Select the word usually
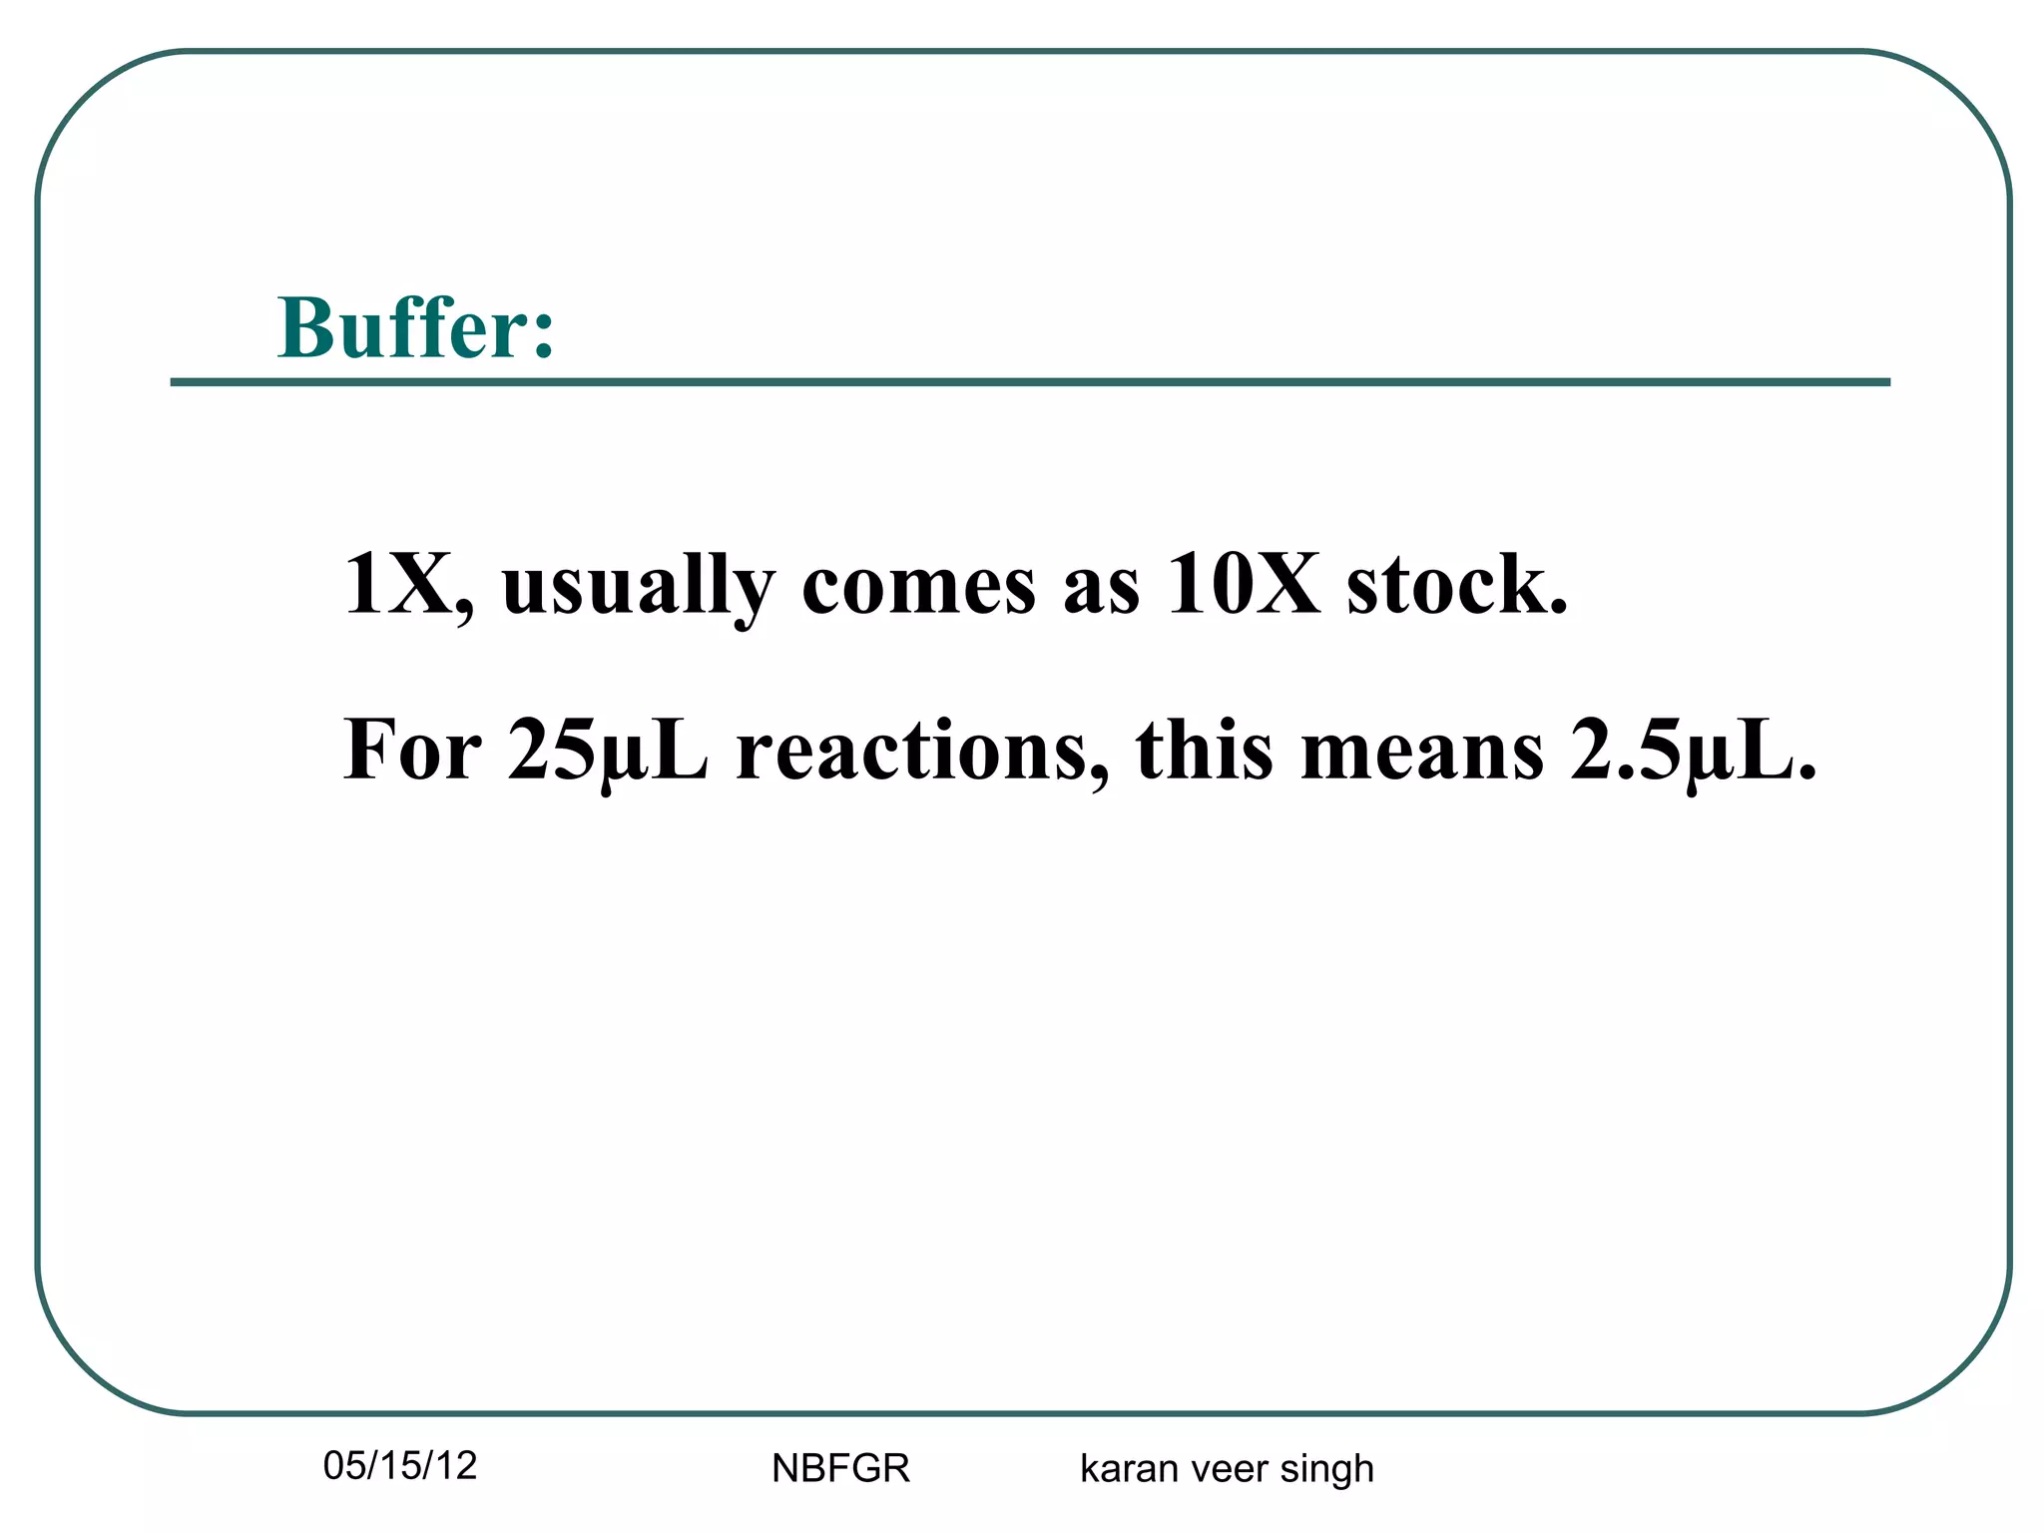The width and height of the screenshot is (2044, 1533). [638, 589]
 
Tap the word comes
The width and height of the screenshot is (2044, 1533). [918, 587]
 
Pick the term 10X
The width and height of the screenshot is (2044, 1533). [1242, 585]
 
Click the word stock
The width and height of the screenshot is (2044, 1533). [1456, 585]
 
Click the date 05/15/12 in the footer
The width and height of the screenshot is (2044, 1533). [400, 1466]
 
